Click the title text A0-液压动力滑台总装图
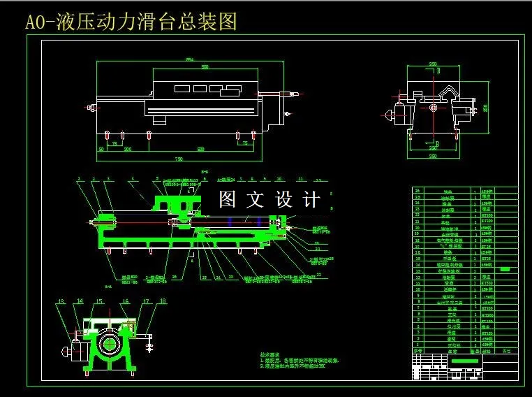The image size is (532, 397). [131, 22]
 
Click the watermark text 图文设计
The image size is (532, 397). [269, 200]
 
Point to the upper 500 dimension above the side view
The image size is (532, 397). [205, 67]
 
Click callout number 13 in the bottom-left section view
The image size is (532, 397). [61, 301]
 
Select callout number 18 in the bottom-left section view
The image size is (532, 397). [163, 301]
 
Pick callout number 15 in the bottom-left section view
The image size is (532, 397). [99, 301]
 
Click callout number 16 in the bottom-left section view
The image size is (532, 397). [126, 301]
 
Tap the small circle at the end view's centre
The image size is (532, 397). [434, 108]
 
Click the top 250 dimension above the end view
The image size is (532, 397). [433, 64]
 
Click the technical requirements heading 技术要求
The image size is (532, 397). [269, 355]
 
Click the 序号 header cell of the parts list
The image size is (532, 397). [418, 352]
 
